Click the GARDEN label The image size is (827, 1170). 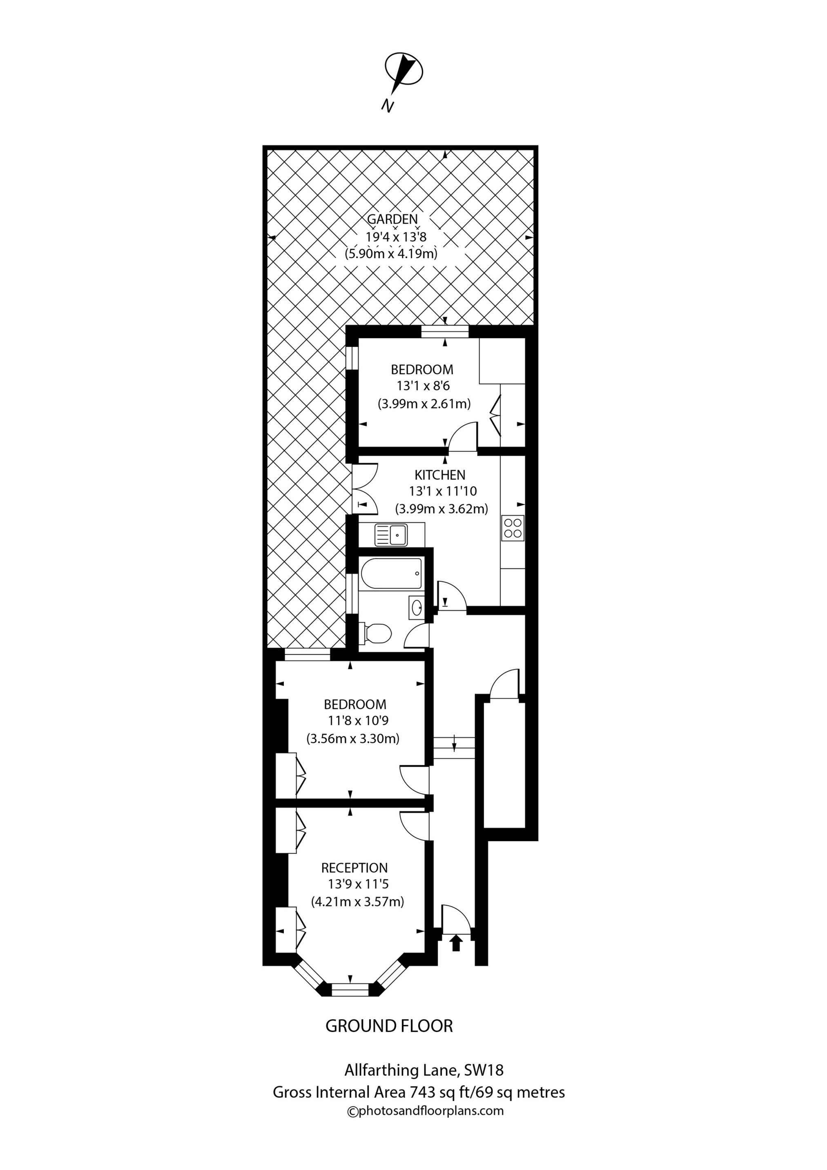pos(392,220)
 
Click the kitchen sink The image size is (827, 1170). pos(391,535)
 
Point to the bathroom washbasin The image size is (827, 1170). pos(416,607)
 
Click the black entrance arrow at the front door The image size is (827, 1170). pos(455,943)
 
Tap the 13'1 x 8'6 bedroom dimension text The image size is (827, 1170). pos(422,386)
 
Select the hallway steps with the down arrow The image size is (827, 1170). pos(453,748)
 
